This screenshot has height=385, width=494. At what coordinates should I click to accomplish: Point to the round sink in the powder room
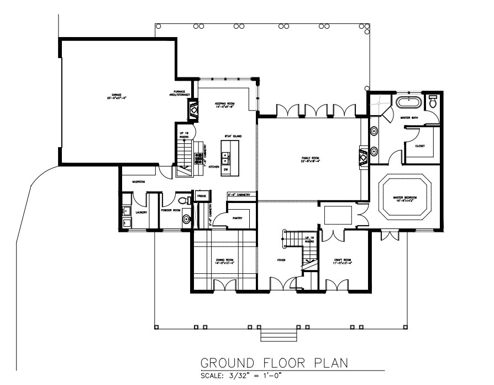[x=186, y=220]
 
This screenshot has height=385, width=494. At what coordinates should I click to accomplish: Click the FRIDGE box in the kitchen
[x=201, y=196]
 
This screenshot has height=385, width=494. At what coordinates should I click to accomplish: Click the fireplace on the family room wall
[x=363, y=157]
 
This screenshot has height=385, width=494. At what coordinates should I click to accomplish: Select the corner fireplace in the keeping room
[x=194, y=111]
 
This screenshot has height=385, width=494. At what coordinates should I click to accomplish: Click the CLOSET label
[x=419, y=146]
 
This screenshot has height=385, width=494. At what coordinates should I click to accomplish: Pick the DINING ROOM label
[x=225, y=261]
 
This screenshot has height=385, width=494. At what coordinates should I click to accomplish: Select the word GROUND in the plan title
[x=227, y=363]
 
